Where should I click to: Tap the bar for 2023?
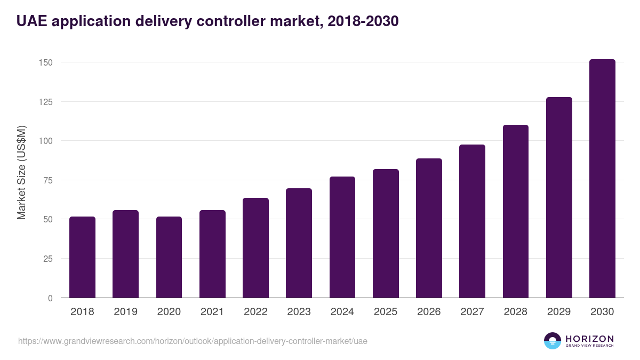click(299, 243)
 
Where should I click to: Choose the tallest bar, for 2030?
click(602, 179)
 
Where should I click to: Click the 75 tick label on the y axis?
click(47, 180)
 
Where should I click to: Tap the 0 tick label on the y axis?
click(50, 298)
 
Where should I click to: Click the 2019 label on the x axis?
click(125, 312)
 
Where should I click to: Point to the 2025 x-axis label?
click(386, 312)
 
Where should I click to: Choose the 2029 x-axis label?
click(559, 312)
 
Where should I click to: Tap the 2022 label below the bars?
click(255, 312)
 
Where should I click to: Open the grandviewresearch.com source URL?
click(193, 341)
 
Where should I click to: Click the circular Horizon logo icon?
click(553, 341)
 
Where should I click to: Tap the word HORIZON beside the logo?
click(589, 339)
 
